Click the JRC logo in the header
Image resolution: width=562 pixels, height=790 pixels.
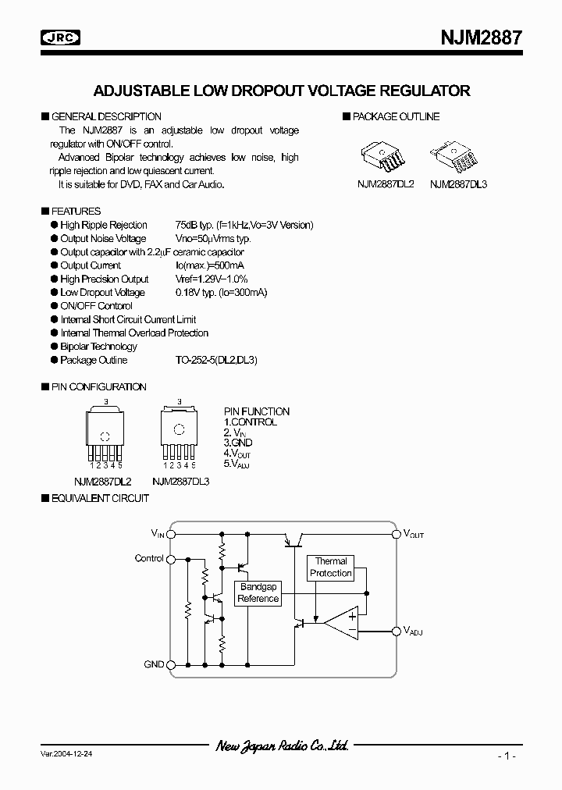click(63, 37)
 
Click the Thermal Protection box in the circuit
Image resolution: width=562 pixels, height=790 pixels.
click(331, 568)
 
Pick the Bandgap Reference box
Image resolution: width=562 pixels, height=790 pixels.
click(258, 592)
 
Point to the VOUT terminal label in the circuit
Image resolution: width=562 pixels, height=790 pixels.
click(413, 535)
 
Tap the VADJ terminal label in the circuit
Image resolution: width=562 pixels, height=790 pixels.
click(413, 631)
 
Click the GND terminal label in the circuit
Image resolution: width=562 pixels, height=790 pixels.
click(154, 664)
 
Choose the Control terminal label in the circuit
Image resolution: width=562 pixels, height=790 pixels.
click(149, 559)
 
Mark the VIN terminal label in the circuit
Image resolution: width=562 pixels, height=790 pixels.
click(158, 534)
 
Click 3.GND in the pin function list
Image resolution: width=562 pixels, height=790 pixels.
click(239, 442)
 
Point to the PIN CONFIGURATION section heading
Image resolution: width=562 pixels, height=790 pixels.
click(98, 386)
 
